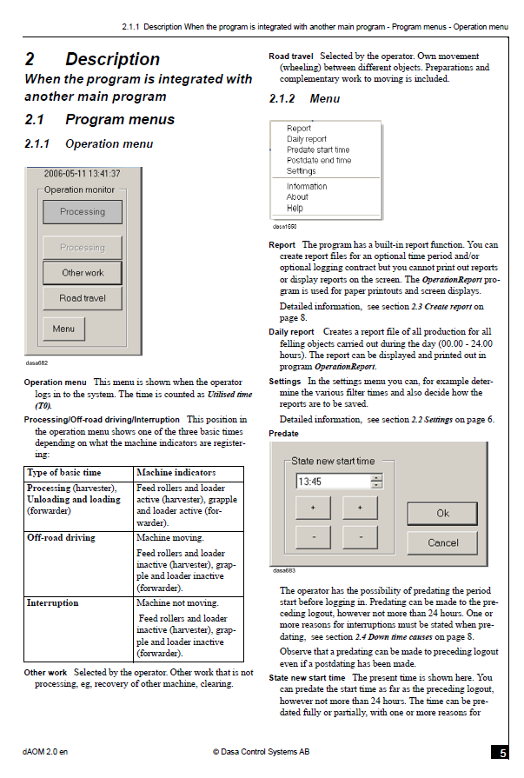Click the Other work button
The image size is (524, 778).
[83, 272]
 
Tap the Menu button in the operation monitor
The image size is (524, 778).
[63, 329]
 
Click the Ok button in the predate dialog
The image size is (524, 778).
[442, 513]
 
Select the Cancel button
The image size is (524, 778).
[442, 542]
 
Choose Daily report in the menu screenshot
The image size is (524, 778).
[307, 139]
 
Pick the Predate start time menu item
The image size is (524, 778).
[318, 150]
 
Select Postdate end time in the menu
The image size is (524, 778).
[319, 160]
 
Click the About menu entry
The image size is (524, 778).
[297, 197]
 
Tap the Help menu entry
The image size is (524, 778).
[295, 208]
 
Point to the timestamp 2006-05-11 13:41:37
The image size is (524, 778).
[82, 174]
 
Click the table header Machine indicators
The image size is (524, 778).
[176, 472]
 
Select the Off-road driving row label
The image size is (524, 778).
[61, 537]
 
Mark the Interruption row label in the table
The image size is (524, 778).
[53, 603]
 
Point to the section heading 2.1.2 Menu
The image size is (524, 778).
[305, 99]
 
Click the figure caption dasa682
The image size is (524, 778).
[36, 362]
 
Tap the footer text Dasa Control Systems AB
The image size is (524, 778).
[261, 752]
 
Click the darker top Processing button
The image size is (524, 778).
[83, 212]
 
